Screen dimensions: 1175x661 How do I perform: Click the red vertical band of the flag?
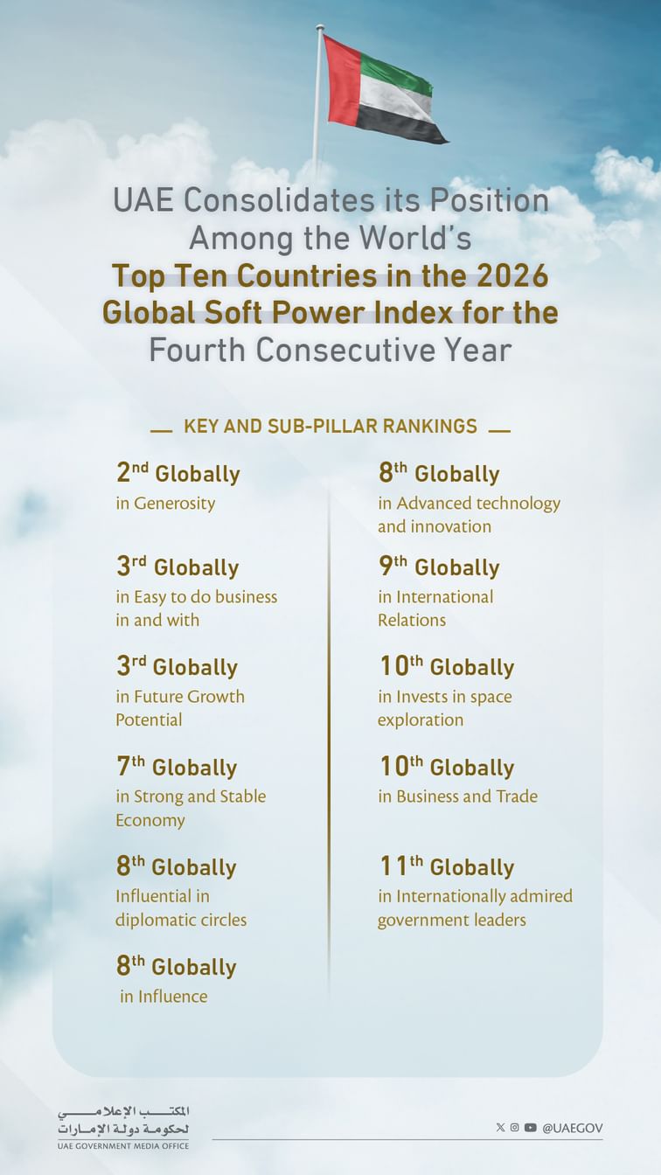(x=341, y=82)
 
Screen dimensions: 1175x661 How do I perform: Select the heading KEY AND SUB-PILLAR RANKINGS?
(x=330, y=427)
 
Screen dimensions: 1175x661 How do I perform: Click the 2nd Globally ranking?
(x=177, y=474)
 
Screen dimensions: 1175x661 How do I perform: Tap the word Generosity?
(x=174, y=504)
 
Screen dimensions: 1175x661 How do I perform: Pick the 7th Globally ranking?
(x=177, y=768)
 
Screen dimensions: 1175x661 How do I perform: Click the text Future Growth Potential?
(x=180, y=708)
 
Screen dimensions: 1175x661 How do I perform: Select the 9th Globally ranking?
(x=439, y=567)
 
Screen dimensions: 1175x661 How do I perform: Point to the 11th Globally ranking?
(x=446, y=867)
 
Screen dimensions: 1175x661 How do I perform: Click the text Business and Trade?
(x=467, y=796)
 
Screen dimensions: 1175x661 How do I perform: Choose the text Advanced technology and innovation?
(x=469, y=515)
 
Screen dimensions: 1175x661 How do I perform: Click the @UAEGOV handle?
(x=572, y=1128)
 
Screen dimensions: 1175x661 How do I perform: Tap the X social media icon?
(x=500, y=1128)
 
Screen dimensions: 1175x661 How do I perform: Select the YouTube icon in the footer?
(x=531, y=1128)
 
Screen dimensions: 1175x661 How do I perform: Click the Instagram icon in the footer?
(x=515, y=1128)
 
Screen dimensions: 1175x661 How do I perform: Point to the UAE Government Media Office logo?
(x=123, y=1127)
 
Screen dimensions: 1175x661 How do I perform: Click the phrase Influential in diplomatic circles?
(x=181, y=907)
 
